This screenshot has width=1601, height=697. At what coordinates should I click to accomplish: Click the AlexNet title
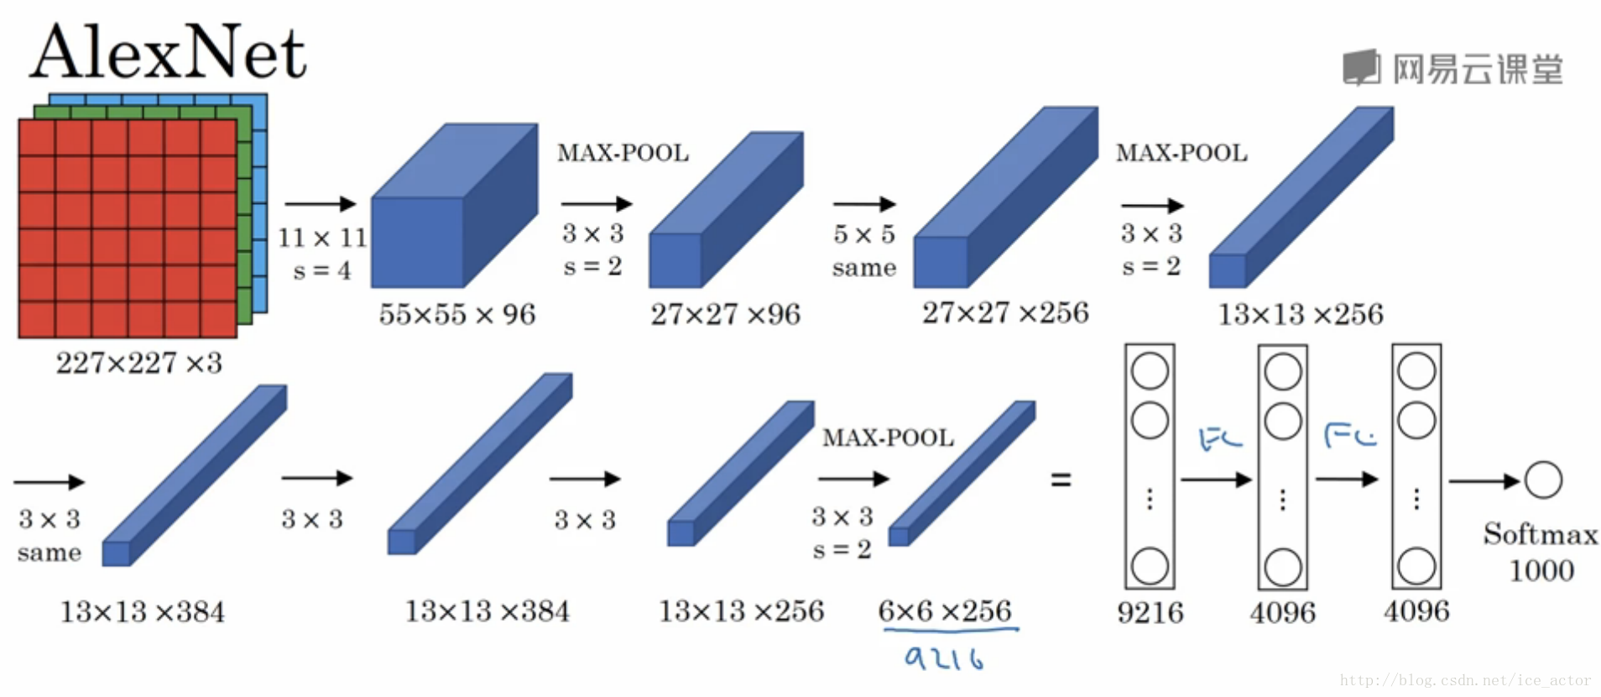point(168,52)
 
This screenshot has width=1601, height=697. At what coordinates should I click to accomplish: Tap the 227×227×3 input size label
point(139,363)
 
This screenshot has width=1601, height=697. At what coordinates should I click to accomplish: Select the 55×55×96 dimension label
point(457,314)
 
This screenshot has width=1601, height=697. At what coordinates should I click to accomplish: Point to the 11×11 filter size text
point(323,238)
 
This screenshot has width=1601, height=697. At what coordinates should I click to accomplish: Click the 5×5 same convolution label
point(864,250)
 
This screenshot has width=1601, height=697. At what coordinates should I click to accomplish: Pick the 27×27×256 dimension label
point(1005,313)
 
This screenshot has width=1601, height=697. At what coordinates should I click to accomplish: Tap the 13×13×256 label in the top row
point(1301,314)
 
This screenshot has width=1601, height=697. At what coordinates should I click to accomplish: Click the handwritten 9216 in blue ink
point(944,658)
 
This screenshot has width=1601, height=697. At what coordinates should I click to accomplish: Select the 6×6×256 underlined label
point(945,611)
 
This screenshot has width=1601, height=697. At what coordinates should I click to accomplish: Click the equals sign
point(1061,480)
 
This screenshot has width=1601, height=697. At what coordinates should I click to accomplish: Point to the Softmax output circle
point(1543,480)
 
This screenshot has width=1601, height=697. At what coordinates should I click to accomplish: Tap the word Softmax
point(1541,534)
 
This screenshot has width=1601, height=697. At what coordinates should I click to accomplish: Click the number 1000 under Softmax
point(1541,571)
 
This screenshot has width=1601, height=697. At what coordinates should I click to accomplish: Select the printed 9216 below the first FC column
point(1150,612)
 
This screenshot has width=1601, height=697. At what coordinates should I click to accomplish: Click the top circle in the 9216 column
point(1150,370)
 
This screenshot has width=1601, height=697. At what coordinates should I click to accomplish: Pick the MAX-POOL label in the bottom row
point(888,438)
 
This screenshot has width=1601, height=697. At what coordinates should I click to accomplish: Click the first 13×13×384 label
point(143,611)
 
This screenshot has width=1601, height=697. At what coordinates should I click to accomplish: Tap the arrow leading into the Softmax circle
point(1484,481)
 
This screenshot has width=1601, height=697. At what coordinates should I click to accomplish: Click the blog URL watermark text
point(1465,680)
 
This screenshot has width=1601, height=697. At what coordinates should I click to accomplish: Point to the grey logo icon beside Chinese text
point(1361,67)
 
